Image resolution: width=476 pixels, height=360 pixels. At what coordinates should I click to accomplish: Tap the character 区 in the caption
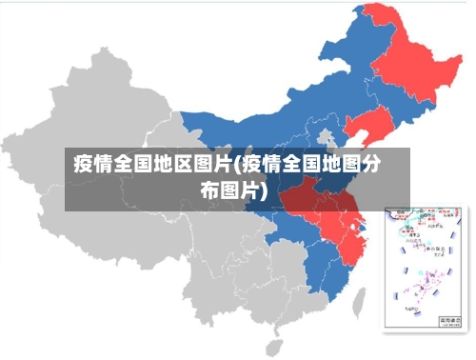pos(180,162)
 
